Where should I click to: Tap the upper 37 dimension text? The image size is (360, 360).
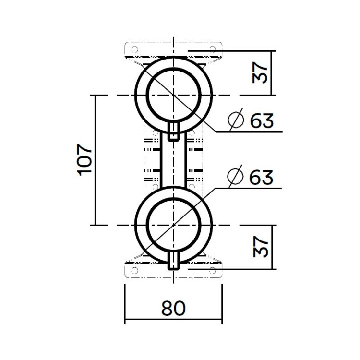point(260,72)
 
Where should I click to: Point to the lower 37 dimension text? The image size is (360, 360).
point(260,246)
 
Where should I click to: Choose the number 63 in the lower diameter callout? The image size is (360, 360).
point(262,177)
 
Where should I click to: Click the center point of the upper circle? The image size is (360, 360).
point(173,95)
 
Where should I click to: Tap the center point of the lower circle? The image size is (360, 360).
point(173,224)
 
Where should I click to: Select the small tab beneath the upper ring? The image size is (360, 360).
point(173,130)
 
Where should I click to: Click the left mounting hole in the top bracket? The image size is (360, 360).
point(135,49)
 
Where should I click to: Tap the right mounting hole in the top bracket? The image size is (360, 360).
point(212,49)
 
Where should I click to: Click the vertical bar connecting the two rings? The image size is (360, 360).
point(173,163)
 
